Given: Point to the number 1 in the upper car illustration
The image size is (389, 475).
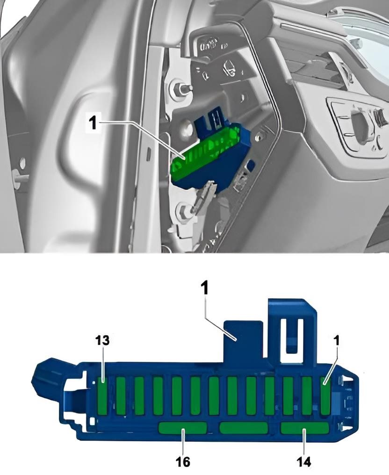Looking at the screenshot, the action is pyautogui.click(x=94, y=123).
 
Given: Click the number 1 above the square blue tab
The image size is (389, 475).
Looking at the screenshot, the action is pyautogui.click(x=205, y=289).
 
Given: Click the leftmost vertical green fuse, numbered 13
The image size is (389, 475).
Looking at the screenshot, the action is pyautogui.click(x=103, y=396).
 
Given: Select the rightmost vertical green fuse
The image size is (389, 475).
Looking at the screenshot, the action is pyautogui.click(x=326, y=396).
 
